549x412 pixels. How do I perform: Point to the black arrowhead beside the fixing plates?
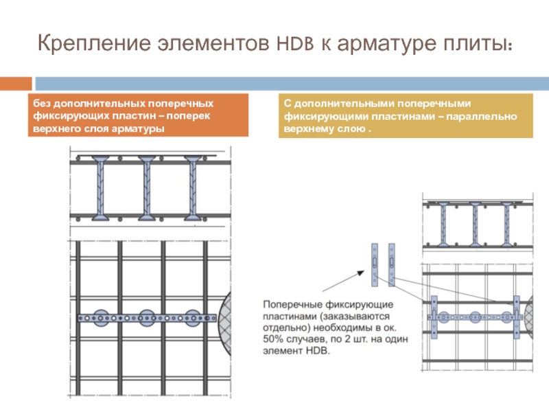pos(362,273)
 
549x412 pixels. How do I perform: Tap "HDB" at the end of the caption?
pos(318,352)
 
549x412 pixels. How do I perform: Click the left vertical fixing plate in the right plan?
pos(434,317)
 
